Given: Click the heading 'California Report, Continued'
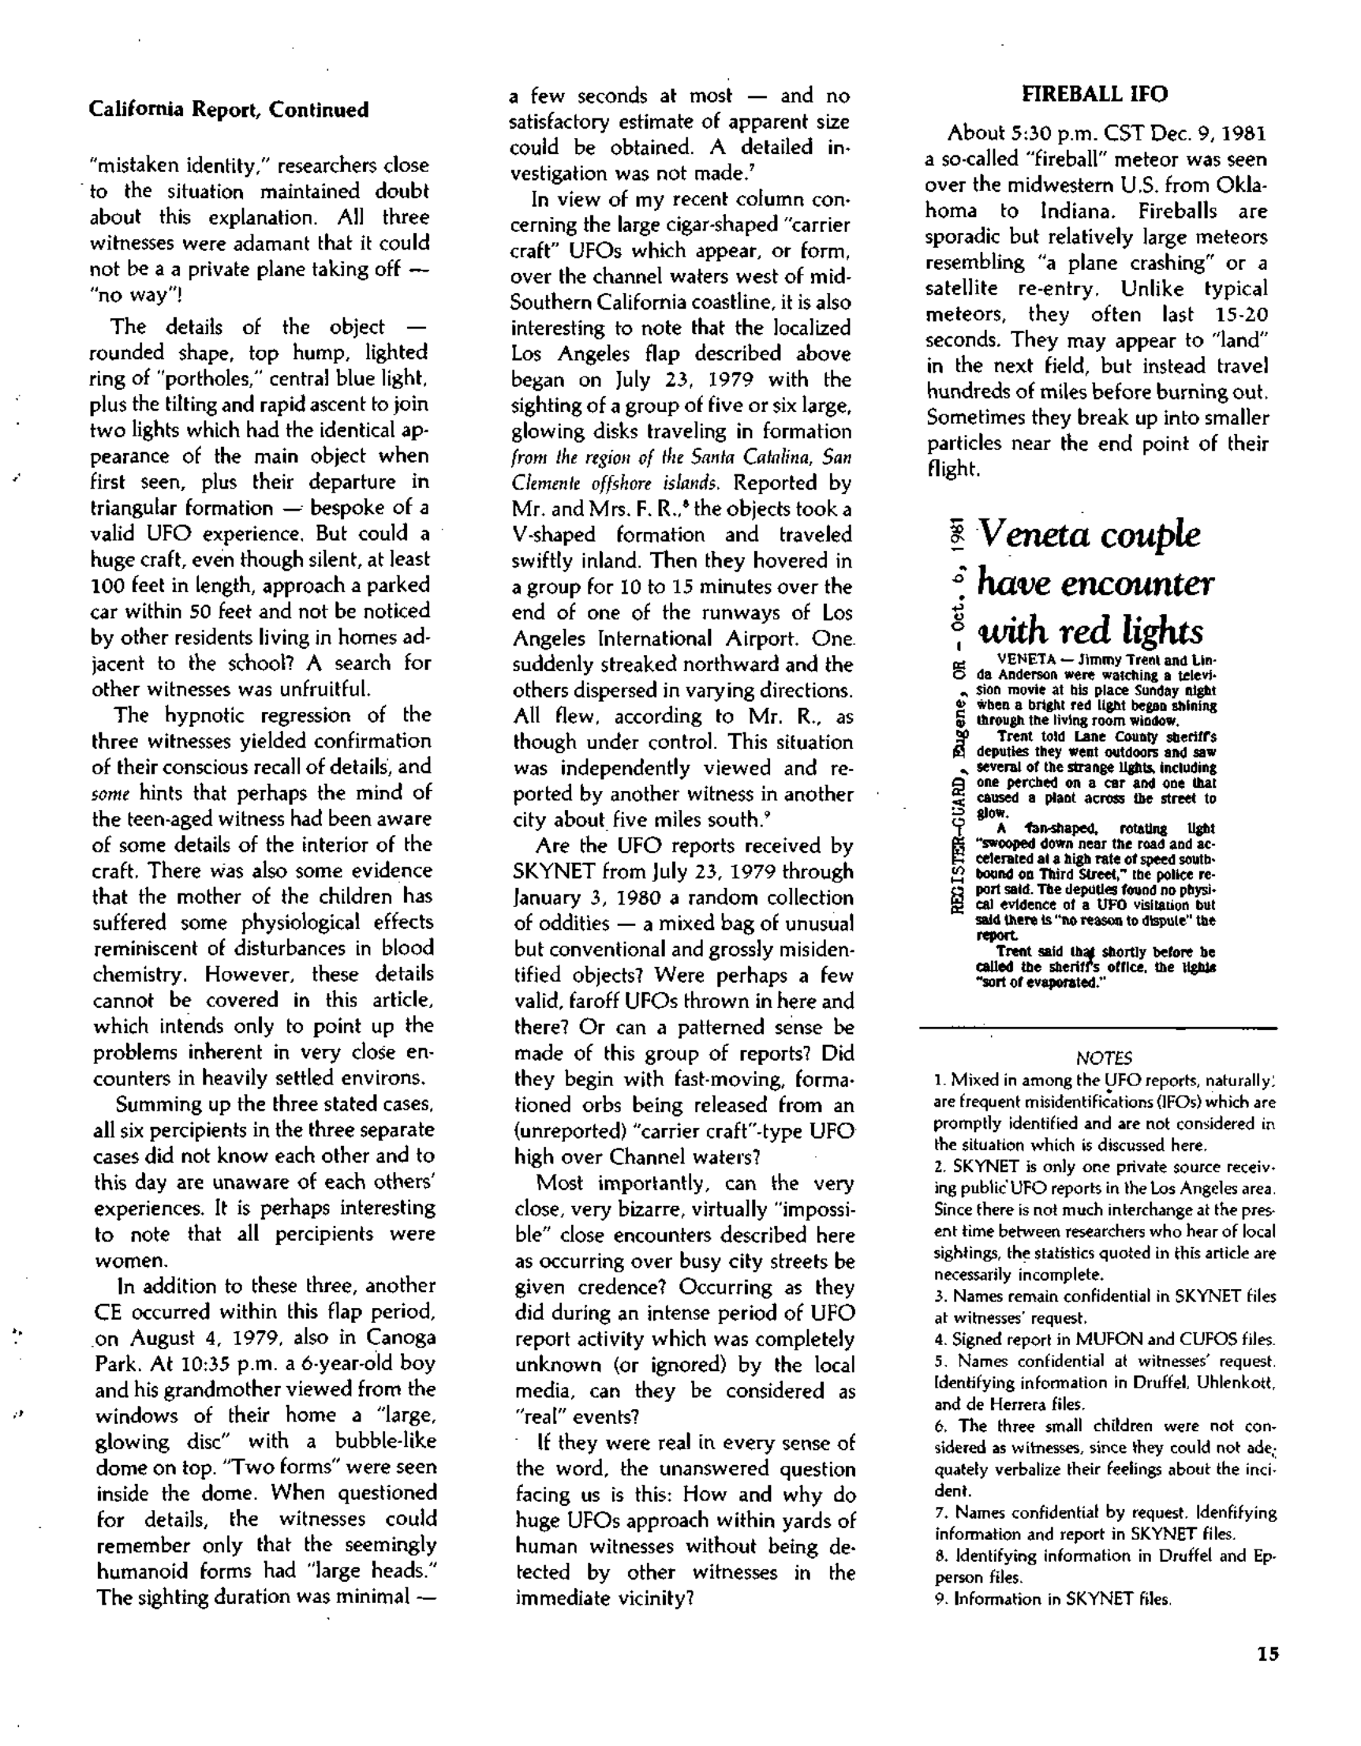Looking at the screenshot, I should [229, 110].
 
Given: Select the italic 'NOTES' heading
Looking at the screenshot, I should [1104, 1058].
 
